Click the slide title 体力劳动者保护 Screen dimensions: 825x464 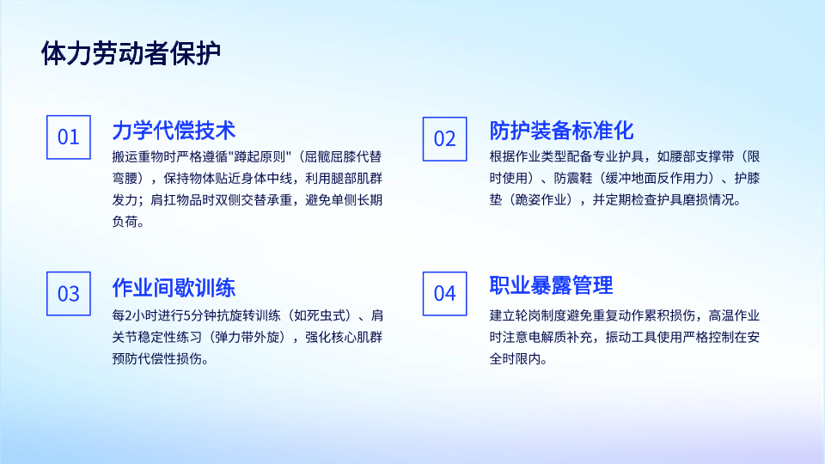tap(131, 53)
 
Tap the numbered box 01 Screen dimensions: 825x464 tap(69, 137)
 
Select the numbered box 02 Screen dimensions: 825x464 tap(444, 139)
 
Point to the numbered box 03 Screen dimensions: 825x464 tap(69, 294)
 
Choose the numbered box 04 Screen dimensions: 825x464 tap(444, 294)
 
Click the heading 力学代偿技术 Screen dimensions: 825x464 tap(174, 131)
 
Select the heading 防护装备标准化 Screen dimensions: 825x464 tap(561, 131)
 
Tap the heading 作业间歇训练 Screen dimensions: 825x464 tap(174, 288)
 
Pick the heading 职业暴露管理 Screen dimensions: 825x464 tap(551, 285)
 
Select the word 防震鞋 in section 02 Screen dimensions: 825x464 tap(573, 179)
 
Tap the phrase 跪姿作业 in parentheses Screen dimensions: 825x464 tap(541, 200)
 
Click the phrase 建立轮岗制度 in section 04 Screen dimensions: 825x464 tap(528, 315)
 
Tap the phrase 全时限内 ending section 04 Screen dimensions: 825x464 tap(515, 359)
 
